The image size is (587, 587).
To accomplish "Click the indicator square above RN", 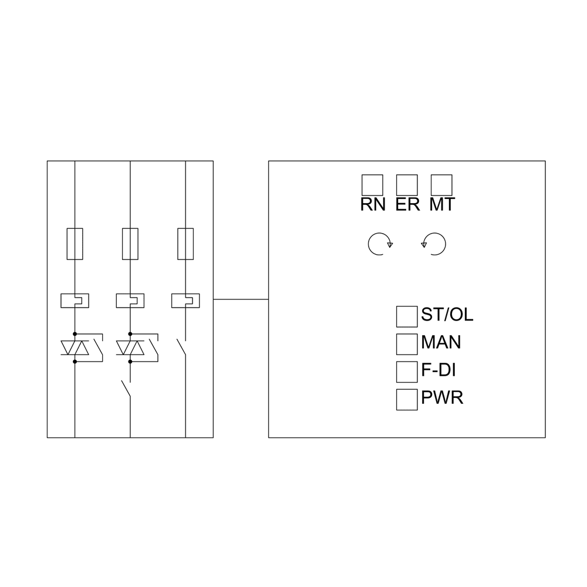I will (372, 185).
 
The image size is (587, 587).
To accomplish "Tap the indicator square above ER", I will (407, 185).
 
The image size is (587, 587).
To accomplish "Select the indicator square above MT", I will (441, 185).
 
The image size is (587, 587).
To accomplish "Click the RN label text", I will (373, 205).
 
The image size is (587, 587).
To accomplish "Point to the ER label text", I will (407, 205).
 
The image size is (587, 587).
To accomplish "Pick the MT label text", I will (442, 205).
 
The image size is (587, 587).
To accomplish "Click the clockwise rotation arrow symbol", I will (379, 244).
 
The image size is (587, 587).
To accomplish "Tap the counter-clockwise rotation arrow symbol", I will (434, 244).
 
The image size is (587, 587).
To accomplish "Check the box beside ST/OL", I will (407, 316).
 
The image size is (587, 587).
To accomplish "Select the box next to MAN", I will (407, 344).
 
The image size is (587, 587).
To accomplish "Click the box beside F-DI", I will (407, 372).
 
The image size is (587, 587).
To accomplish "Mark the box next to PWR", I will (407, 399).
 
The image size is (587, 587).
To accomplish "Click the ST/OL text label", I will (447, 315).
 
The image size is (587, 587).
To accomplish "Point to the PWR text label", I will (442, 398).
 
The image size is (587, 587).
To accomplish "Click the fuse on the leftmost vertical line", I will (75, 244).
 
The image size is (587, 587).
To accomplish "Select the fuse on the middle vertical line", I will (130, 244).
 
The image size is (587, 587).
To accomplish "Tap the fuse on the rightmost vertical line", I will (185, 244).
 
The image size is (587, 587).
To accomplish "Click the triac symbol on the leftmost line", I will (75, 348).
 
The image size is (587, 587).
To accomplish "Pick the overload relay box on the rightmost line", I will (185, 301).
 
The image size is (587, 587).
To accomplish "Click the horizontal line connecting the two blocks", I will (241, 299).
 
